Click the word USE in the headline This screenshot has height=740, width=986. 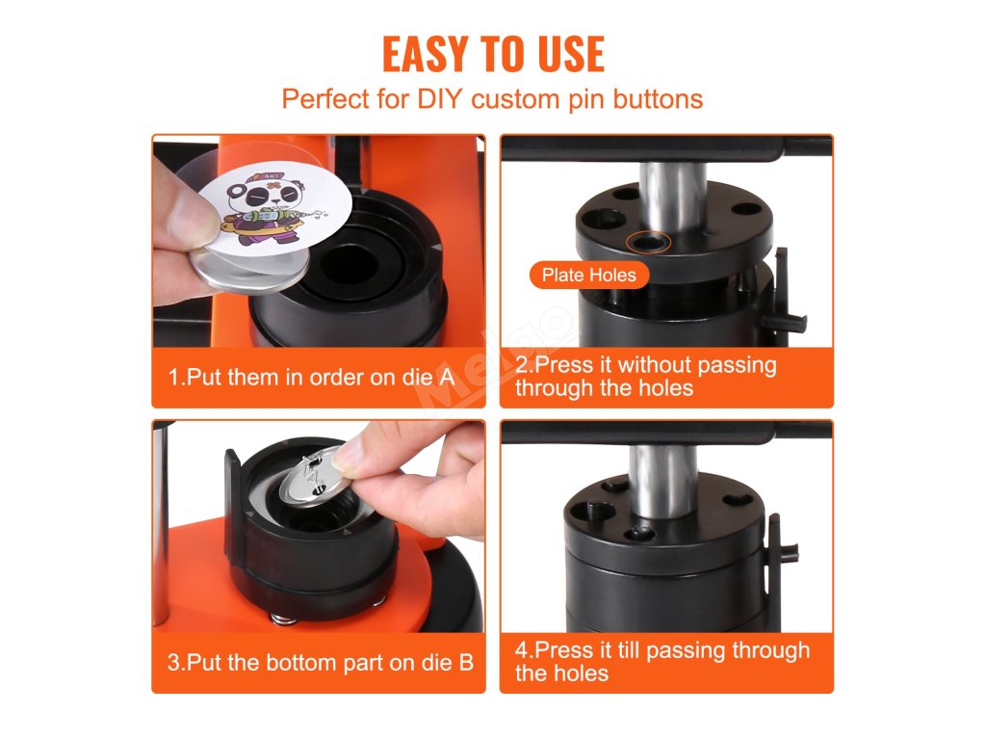[x=572, y=54]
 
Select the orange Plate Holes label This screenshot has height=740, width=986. [x=589, y=275]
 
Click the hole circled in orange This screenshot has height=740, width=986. [x=649, y=242]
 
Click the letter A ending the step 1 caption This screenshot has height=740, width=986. [x=446, y=377]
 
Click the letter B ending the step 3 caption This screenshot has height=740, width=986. [x=466, y=663]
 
